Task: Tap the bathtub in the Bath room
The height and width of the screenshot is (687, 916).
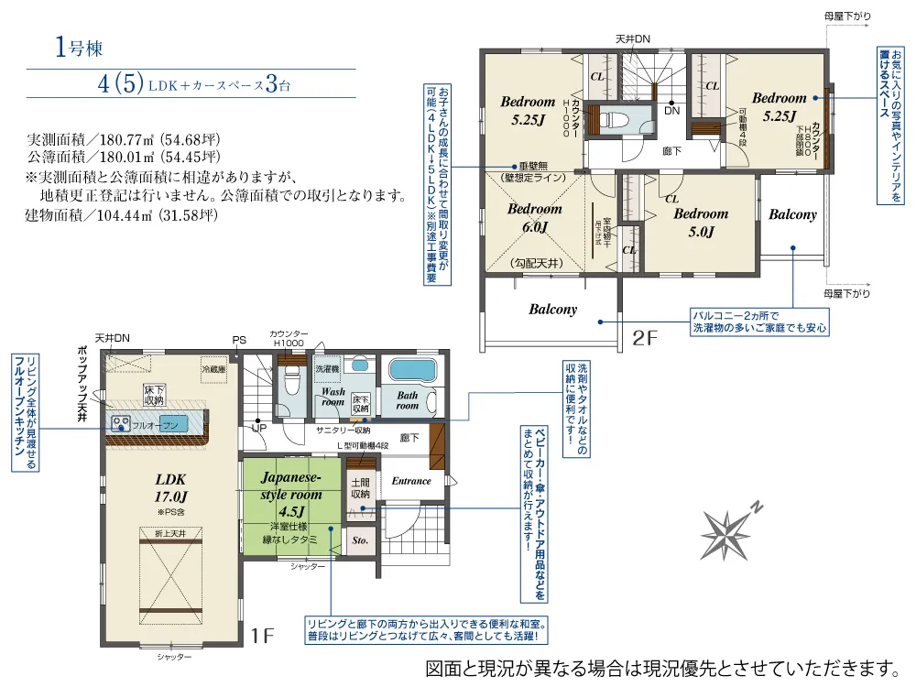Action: [x=414, y=371]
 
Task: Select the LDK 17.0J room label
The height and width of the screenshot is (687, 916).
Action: [x=170, y=486]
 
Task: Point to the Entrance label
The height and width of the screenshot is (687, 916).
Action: [x=411, y=481]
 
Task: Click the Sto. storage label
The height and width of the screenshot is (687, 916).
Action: [x=360, y=540]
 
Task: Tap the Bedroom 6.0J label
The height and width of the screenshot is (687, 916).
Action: [x=535, y=218]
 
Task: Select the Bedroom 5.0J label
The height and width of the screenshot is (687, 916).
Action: [x=701, y=223]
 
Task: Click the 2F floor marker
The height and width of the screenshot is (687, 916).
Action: [x=646, y=338]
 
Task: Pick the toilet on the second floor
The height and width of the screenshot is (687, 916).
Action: [x=618, y=120]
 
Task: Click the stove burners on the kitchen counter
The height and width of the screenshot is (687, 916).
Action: [x=121, y=423]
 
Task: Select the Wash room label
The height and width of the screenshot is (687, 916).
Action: [x=332, y=395]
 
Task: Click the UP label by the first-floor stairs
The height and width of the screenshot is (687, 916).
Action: [x=259, y=428]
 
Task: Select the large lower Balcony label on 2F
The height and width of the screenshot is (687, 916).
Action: [x=552, y=310]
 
